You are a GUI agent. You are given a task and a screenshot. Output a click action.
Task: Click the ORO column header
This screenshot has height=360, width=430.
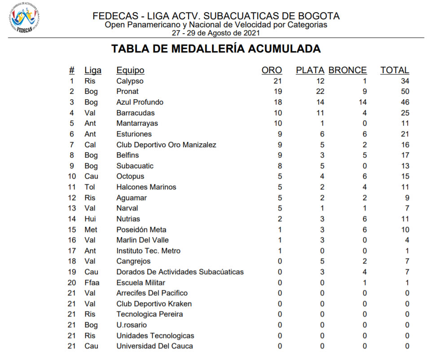[272, 70]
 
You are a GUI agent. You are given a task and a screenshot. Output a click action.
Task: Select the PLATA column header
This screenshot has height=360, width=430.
[310, 70]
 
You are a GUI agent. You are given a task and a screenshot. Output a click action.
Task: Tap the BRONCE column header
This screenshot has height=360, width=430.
[347, 70]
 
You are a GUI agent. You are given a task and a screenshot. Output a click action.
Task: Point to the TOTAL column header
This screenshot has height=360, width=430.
[395, 70]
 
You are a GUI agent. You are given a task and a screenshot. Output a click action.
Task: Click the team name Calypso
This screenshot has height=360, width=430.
[130, 81]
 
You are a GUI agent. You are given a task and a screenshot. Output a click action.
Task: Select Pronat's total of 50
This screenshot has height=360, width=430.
[404, 92]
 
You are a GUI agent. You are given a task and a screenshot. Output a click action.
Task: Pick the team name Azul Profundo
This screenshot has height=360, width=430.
[140, 102]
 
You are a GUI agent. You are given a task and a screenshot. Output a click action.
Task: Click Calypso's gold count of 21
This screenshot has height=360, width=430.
[277, 81]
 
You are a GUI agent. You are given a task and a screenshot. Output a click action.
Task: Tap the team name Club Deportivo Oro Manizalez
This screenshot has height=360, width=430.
[166, 145]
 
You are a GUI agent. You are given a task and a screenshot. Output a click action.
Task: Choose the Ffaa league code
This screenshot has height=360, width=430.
[92, 283]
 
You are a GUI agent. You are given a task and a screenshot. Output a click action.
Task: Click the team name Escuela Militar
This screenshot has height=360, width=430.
[140, 283]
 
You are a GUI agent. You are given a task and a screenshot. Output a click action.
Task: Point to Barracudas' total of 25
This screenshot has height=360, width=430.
[404, 113]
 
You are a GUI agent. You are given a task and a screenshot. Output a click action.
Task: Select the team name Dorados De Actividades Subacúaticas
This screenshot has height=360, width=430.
[180, 272]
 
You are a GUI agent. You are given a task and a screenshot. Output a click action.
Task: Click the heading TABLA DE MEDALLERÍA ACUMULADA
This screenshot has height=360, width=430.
[216, 49]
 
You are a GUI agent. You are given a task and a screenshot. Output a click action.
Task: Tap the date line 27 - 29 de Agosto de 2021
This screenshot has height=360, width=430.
[215, 33]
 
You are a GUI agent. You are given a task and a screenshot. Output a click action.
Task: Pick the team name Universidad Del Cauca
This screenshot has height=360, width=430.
[154, 346]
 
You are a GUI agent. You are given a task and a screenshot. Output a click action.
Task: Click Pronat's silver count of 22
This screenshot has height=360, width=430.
[320, 92]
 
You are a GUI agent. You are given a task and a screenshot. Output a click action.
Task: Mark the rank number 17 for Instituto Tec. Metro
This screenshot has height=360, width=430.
[72, 251]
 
